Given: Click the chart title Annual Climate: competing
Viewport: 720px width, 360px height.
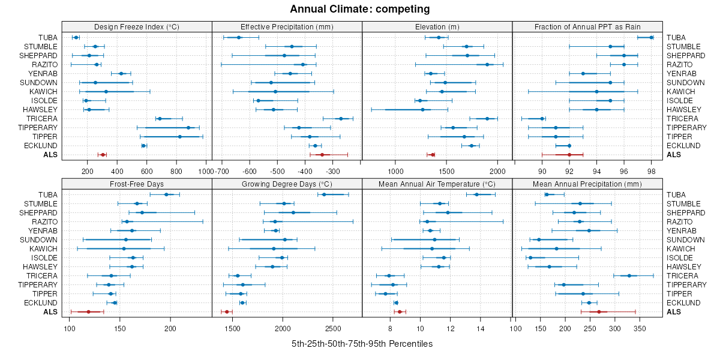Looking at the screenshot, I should pyautogui.click(x=360, y=9).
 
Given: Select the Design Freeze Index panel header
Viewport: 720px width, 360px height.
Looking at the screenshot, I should pyautogui.click(x=137, y=27).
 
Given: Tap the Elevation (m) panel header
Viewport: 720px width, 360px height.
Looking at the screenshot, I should pyautogui.click(x=437, y=27).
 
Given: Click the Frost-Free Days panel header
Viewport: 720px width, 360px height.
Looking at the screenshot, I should pyautogui.click(x=137, y=184).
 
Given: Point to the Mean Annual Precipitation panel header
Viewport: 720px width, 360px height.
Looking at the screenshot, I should pyautogui.click(x=587, y=184).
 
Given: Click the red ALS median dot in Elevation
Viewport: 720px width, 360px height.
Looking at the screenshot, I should pyautogui.click(x=433, y=155).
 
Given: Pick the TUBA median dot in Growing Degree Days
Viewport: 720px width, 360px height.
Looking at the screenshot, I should pyautogui.click(x=324, y=194).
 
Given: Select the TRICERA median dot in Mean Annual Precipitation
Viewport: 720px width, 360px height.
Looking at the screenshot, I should pyautogui.click(x=629, y=275).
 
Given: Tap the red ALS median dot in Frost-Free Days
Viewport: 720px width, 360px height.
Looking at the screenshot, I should pyautogui.click(x=88, y=311).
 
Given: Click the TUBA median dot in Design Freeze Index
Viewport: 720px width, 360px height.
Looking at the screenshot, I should pyautogui.click(x=76, y=38).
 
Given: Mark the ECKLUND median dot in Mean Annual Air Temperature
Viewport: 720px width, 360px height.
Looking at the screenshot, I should pyautogui.click(x=396, y=302).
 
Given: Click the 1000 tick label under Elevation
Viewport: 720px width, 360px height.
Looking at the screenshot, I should pyautogui.click(x=395, y=171).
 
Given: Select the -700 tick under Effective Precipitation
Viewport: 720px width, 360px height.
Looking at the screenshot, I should pyautogui.click(x=222, y=171).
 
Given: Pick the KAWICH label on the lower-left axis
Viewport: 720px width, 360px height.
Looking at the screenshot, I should pyautogui.click(x=45, y=248).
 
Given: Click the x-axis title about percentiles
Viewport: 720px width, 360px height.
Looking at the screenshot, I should pyautogui.click(x=362, y=344).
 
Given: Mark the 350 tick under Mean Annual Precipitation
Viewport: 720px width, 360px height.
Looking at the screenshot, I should pyautogui.click(x=640, y=328).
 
